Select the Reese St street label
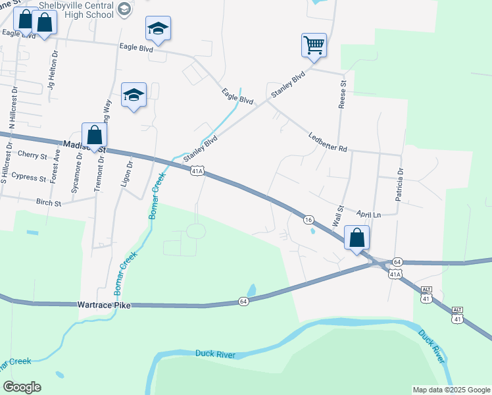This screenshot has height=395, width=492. (342, 95)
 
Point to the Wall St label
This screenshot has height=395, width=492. (339, 217)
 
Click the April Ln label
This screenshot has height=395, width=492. (369, 215)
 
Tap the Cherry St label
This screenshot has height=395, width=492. (33, 155)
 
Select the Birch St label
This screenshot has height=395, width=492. (48, 203)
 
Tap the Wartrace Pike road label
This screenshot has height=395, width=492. (106, 305)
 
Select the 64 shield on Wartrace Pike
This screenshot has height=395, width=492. (243, 302)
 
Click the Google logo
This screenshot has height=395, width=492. (22, 387)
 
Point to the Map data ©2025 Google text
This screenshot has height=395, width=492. (451, 390)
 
